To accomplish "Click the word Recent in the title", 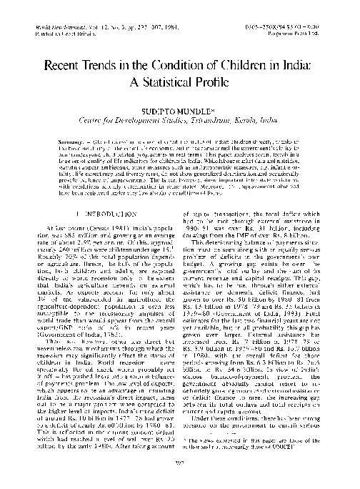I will tap(66, 64).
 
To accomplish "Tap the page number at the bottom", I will tap(179, 481).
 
